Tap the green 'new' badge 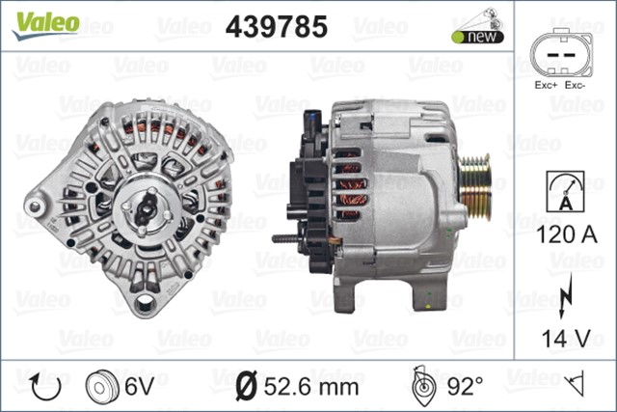(x=478, y=37)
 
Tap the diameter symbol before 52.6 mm (x=245, y=387)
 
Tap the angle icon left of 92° (x=422, y=387)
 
